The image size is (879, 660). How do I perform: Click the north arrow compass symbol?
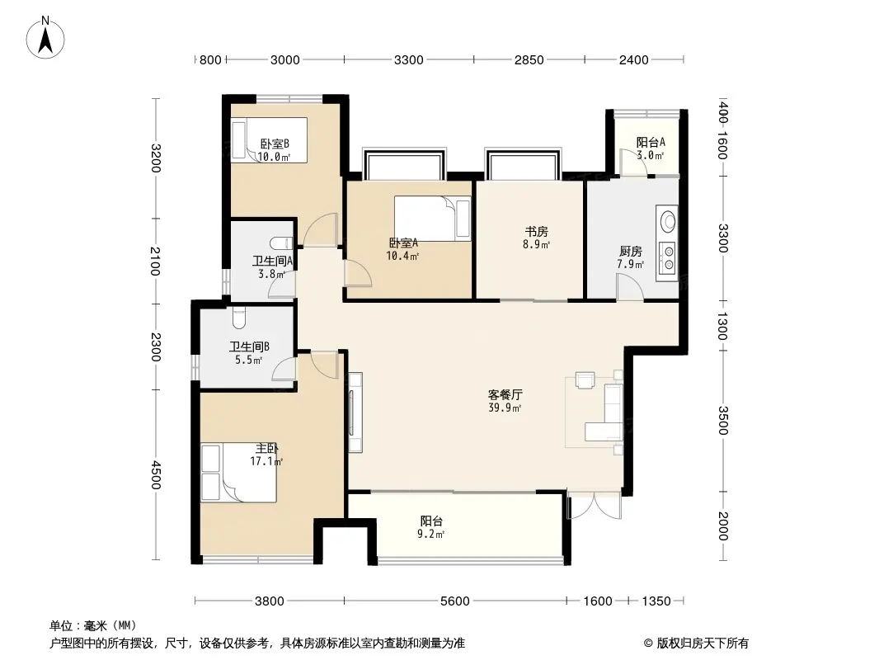(x=45, y=38)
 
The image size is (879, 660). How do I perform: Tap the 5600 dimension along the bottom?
(x=454, y=601)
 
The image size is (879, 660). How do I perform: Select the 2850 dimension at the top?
(x=529, y=59)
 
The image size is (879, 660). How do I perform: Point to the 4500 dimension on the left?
(x=155, y=475)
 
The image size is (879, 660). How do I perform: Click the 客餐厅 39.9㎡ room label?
(x=505, y=401)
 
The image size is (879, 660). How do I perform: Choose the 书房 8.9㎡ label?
(x=537, y=238)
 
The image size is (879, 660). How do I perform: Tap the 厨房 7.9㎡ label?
(x=631, y=257)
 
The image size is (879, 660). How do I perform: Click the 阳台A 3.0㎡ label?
(x=651, y=148)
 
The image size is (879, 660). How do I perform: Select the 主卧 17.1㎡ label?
(x=266, y=455)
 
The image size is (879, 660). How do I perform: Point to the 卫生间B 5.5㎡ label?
(x=250, y=353)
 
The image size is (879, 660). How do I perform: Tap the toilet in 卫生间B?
(x=239, y=317)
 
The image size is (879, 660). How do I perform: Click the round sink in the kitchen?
(x=668, y=220)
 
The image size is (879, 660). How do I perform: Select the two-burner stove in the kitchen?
(x=668, y=258)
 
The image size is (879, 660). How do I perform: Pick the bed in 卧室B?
(x=270, y=140)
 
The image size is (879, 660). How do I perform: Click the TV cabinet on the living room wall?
(x=355, y=412)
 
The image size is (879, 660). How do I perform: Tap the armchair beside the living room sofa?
(x=585, y=380)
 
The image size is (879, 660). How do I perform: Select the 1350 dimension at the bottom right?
(x=656, y=601)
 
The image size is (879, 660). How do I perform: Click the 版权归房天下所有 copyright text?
(x=696, y=643)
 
